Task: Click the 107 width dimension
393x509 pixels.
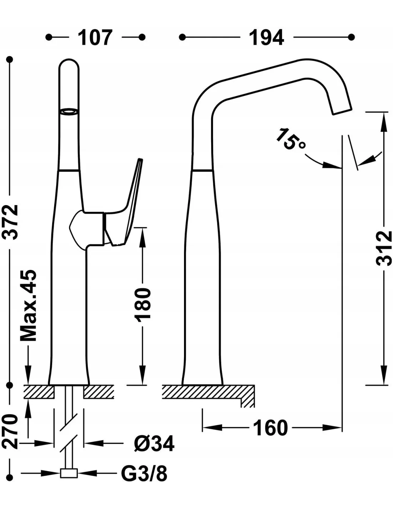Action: click(95, 38)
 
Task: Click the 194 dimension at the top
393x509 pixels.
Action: click(267, 38)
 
